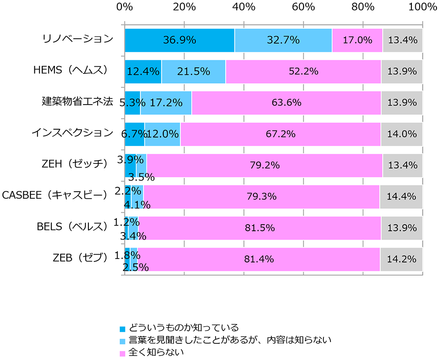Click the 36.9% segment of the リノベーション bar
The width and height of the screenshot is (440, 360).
click(x=180, y=40)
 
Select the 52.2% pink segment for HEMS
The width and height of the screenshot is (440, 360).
click(x=303, y=72)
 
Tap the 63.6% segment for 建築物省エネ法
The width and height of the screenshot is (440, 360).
click(x=286, y=103)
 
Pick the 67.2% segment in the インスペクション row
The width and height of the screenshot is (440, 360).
click(x=280, y=134)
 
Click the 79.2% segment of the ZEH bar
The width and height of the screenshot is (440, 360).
click(x=264, y=166)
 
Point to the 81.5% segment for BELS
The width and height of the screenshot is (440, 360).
click(x=260, y=228)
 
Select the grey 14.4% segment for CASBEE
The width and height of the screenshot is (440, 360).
click(x=401, y=197)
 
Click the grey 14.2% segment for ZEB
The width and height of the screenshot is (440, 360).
click(x=401, y=259)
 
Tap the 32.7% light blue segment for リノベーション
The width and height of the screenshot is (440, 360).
click(x=283, y=40)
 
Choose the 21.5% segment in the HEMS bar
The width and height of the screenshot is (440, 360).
click(x=193, y=72)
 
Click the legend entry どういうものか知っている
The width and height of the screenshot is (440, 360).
click(x=183, y=327)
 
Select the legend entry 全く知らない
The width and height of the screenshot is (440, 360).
click(x=155, y=352)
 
